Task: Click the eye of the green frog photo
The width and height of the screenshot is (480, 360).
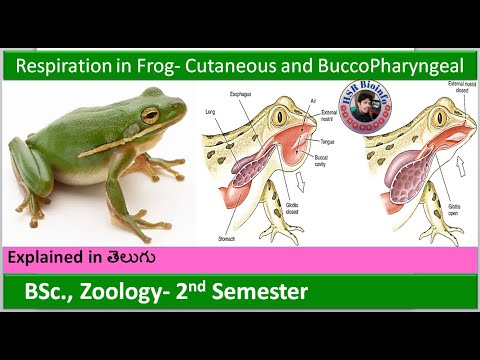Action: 150,114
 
